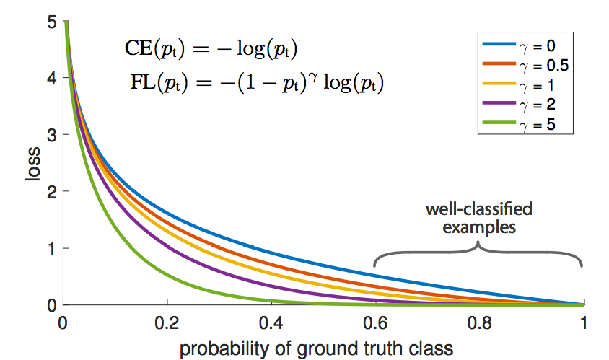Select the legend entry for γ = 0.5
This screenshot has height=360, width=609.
[x=525, y=66]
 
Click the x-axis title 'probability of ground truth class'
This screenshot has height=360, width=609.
[x=317, y=348]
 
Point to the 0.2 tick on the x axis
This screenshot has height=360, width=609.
[x=167, y=321]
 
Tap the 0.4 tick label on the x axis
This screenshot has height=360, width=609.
[x=271, y=321]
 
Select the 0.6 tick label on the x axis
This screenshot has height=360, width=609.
[x=374, y=321]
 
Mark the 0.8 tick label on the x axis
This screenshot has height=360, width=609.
[x=478, y=321]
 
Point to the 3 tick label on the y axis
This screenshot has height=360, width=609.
[x=51, y=135]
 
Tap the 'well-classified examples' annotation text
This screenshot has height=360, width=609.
[x=478, y=219]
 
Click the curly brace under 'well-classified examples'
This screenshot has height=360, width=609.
[x=478, y=254]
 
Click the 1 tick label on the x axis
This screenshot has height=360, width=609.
[x=582, y=321]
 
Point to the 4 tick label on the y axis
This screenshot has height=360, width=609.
[x=51, y=79]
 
